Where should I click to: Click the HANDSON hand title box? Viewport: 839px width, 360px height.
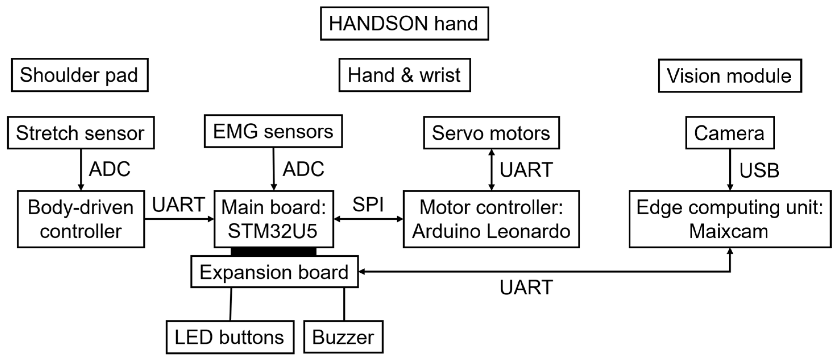(404, 23)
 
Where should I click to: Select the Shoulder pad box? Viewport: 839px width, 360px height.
(80, 75)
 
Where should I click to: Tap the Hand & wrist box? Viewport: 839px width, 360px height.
(404, 75)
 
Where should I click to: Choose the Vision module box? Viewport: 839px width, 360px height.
(730, 76)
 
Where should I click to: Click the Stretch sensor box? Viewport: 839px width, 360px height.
(81, 133)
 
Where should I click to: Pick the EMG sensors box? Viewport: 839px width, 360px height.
(273, 131)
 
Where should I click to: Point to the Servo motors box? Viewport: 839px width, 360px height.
(491, 133)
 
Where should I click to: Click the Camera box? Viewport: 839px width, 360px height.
(730, 133)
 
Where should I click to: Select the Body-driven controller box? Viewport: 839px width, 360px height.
(81, 219)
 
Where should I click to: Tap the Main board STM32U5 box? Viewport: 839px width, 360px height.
(274, 219)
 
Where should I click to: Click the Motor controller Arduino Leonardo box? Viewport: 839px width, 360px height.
(491, 219)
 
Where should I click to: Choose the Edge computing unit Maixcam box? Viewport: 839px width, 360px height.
(730, 219)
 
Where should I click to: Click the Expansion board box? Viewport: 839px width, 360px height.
(274, 272)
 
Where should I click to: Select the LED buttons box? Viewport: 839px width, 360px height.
(230, 337)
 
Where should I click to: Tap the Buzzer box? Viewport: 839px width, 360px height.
(343, 337)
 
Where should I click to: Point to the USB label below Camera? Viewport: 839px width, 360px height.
(759, 170)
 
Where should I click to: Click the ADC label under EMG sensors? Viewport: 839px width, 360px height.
(303, 169)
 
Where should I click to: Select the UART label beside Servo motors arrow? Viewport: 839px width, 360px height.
(526, 169)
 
